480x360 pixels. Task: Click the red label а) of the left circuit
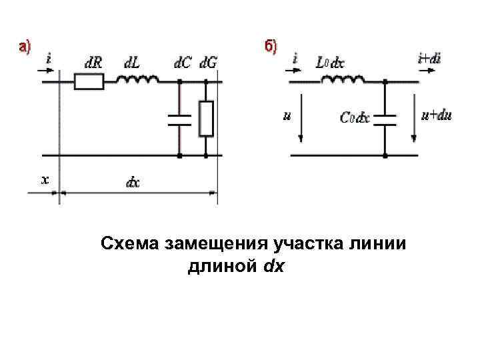click(24, 47)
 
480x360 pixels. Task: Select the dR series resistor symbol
click(89, 82)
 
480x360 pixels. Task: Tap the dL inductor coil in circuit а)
click(138, 81)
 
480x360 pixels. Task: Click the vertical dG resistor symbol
click(207, 119)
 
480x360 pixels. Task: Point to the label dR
click(94, 63)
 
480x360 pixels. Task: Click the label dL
click(132, 63)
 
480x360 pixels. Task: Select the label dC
click(182, 63)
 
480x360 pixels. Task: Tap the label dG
click(209, 63)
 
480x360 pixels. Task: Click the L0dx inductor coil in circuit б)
click(343, 80)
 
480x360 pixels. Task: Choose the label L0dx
click(330, 63)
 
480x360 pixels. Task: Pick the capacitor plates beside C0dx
click(385, 119)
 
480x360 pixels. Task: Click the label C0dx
click(354, 119)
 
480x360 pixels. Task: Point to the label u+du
click(437, 115)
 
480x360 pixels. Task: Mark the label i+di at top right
click(429, 59)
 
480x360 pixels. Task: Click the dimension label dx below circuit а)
click(133, 182)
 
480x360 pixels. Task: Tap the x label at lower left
click(45, 180)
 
